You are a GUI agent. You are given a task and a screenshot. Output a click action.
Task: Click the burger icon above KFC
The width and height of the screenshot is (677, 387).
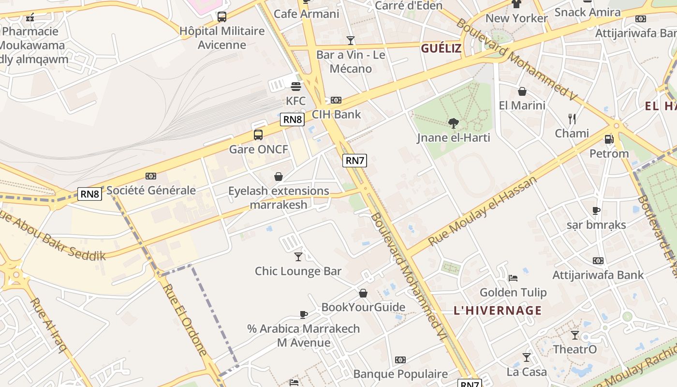tap(296, 87)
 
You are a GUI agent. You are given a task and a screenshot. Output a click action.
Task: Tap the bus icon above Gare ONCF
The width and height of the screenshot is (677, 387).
tap(258, 135)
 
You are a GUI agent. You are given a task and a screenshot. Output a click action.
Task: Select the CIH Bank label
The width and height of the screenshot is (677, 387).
tap(337, 115)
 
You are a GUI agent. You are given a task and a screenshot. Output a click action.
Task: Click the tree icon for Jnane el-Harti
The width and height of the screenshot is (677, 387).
tap(453, 123)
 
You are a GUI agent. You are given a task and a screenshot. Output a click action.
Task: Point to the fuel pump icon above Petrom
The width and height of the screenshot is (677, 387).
tap(609, 139)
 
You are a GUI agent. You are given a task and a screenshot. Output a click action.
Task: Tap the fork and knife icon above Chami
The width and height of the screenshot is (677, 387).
tap(572, 119)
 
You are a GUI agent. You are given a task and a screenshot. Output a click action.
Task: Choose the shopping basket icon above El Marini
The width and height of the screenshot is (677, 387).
tap(522, 91)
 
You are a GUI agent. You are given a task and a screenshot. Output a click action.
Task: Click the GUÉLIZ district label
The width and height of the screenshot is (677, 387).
tap(441, 48)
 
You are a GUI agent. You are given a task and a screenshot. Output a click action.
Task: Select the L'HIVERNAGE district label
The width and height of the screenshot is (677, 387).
tap(498, 311)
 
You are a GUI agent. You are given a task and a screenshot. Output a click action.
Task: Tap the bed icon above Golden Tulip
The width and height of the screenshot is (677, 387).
tap(513, 278)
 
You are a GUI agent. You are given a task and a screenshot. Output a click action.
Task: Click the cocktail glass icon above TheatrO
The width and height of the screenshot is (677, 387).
tap(575, 335)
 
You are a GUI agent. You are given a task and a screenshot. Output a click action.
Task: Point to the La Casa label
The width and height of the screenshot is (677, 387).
tap(527, 372)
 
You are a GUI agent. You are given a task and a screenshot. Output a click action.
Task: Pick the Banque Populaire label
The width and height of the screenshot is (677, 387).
tap(400, 374)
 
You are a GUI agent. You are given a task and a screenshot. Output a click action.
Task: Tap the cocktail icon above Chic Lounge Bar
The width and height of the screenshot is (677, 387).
tap(298, 257)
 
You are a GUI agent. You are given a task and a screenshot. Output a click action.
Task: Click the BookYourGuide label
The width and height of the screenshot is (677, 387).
tap(363, 307)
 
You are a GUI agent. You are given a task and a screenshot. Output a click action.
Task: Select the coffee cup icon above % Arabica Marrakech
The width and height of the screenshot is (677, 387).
tap(304, 315)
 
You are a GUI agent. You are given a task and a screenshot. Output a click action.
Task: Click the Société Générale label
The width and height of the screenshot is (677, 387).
tap(151, 190)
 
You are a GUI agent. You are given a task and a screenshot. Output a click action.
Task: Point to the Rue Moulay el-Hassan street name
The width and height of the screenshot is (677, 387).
tap(483, 211)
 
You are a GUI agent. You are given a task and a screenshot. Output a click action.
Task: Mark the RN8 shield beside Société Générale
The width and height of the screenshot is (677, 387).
tap(90, 194)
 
